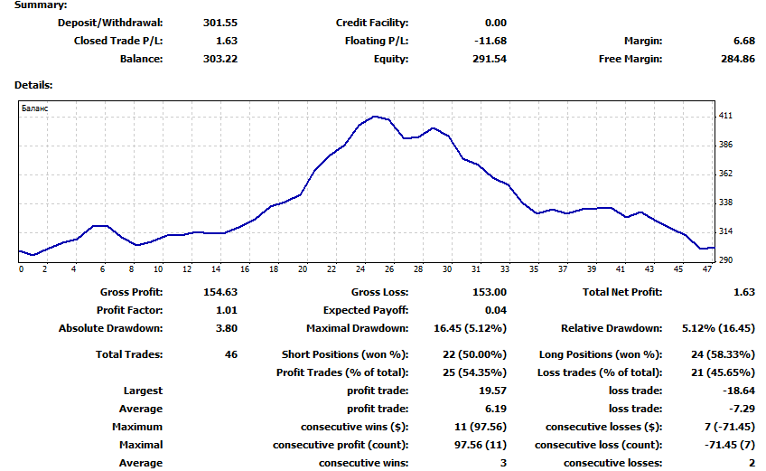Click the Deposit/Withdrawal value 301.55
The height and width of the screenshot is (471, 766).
point(222,23)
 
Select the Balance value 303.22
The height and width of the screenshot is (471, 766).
point(222,59)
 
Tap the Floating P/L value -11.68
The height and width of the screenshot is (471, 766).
point(490,41)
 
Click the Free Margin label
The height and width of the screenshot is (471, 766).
point(631,59)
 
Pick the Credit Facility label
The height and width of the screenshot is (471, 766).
point(372,23)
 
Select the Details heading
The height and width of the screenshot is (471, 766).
point(33,85)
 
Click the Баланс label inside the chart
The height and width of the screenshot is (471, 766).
point(35,108)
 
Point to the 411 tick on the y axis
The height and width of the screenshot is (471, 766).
point(725,116)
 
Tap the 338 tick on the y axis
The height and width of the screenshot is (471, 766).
point(725,203)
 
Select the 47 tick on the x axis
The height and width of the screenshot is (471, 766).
point(707,268)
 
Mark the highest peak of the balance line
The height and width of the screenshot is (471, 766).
point(375,117)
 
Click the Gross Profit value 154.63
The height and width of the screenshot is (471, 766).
point(222,292)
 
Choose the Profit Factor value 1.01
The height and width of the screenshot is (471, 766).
point(227,310)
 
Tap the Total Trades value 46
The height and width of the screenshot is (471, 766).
point(231,354)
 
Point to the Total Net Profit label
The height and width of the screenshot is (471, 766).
point(622,292)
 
